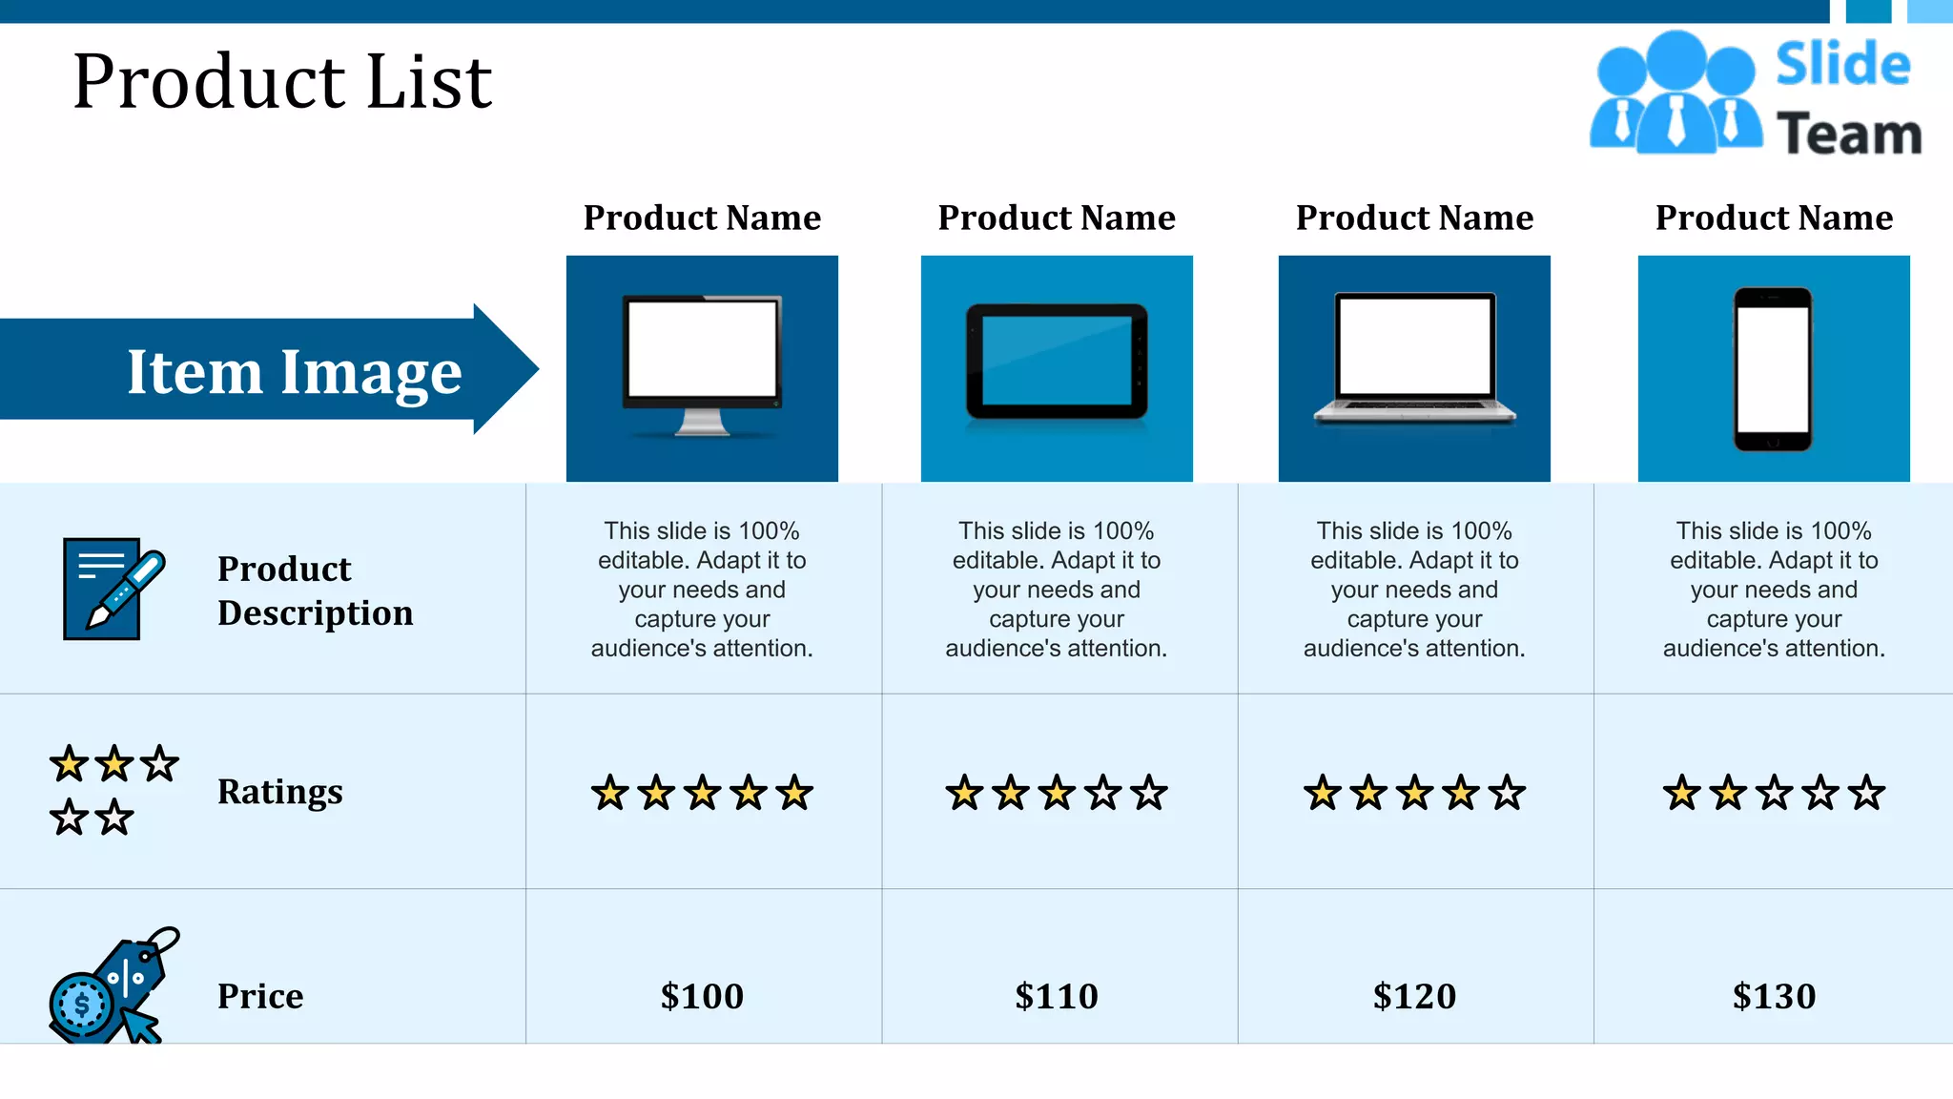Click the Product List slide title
tap(282, 82)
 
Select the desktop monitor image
tap(702, 366)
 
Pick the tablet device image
tap(1057, 363)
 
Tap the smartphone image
tap(1773, 369)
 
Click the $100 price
tap(702, 996)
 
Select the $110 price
tap(1057, 996)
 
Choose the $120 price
tap(1414, 996)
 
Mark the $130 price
tap(1774, 996)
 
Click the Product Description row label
tap(315, 591)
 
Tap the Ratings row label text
tap(279, 792)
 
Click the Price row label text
tap(260, 996)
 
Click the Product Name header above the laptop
tap(1414, 218)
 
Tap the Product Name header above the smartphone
tap(1774, 218)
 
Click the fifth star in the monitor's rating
tap(794, 793)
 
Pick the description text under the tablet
tap(1057, 590)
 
